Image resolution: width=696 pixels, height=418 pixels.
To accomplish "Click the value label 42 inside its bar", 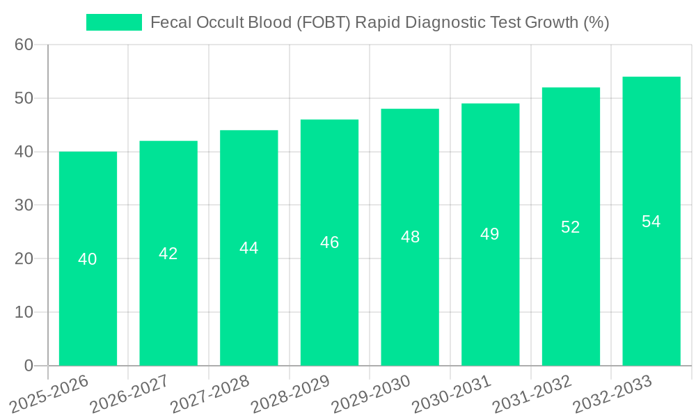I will click(168, 254).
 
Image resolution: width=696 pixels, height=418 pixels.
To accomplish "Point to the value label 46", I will click(329, 242).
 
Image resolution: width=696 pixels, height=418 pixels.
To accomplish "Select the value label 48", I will click(410, 237).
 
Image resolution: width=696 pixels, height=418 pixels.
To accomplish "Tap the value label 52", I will click(571, 227).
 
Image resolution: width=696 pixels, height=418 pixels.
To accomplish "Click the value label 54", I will click(651, 222).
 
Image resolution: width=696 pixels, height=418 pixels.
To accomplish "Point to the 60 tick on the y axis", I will click(24, 45).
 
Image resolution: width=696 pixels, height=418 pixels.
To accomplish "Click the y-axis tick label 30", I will click(24, 206).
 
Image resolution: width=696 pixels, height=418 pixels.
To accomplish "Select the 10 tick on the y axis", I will click(24, 312).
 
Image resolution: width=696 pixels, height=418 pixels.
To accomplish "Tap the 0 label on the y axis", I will click(29, 366).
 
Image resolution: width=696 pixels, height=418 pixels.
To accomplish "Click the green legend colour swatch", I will click(114, 22).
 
